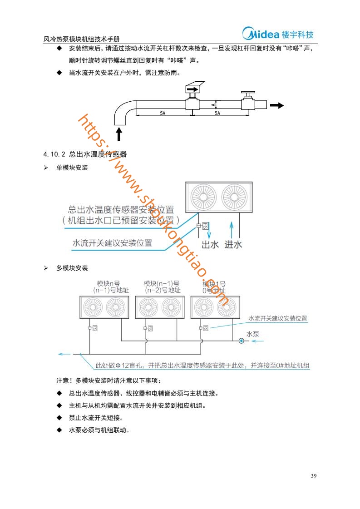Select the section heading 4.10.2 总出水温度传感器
click(x=84, y=154)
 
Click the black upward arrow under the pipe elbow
click(x=119, y=133)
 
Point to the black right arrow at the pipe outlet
click(x=276, y=105)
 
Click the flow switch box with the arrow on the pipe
click(x=192, y=90)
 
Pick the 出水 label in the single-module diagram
click(x=210, y=245)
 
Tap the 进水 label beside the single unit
click(x=233, y=245)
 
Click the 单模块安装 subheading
click(x=72, y=168)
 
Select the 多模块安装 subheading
click(x=72, y=268)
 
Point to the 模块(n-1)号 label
click(x=162, y=284)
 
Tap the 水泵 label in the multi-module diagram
click(x=252, y=334)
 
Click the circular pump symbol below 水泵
click(x=241, y=341)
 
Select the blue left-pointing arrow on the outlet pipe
click(x=64, y=354)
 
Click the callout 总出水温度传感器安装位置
click(x=121, y=210)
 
